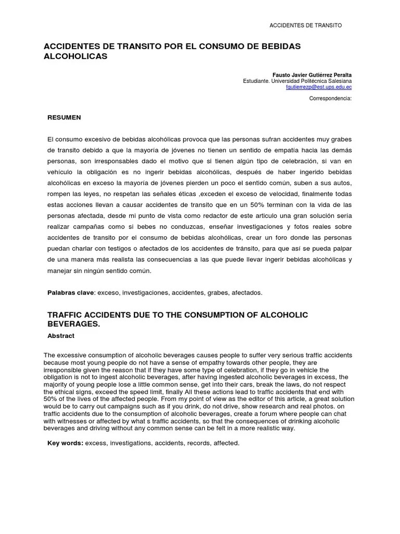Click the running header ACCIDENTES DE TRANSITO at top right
click(305, 26)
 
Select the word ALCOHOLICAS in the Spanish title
click(75, 56)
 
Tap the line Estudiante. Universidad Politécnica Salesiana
click(297, 81)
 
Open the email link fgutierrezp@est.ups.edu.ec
click(319, 88)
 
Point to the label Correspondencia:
click(331, 98)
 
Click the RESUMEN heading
click(64, 117)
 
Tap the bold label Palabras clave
click(70, 293)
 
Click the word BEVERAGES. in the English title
click(73, 324)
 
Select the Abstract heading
click(61, 336)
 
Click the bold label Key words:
click(65, 443)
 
